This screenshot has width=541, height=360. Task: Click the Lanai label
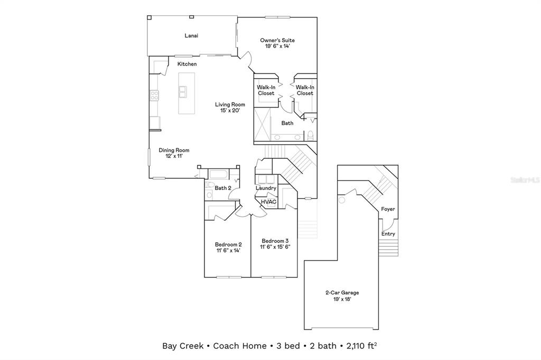(x=191, y=36)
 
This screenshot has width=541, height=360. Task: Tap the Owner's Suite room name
(x=277, y=40)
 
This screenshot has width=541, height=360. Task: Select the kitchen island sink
(x=183, y=92)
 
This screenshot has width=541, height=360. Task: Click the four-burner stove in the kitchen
(x=155, y=96)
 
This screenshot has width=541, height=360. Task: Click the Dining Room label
(x=174, y=150)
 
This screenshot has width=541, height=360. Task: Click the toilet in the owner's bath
(x=311, y=135)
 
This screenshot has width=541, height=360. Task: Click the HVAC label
(x=268, y=202)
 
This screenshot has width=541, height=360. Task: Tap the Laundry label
(x=266, y=188)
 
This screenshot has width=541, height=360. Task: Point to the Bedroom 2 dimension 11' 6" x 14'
(x=228, y=251)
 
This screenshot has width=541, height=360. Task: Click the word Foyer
(x=388, y=209)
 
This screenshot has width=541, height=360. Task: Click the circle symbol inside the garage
(x=342, y=201)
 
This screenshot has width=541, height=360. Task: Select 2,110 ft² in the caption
(x=362, y=346)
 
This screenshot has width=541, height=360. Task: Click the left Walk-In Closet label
(x=266, y=90)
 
